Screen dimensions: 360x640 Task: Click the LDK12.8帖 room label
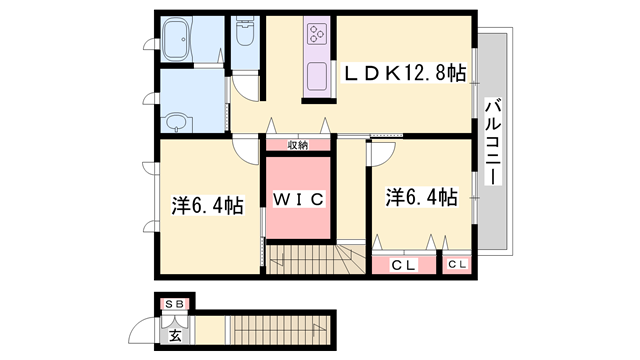click(x=405, y=73)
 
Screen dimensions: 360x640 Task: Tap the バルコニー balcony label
click(x=492, y=140)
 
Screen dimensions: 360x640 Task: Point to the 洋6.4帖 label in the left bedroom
click(x=207, y=206)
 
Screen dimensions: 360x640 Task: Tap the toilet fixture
click(x=243, y=39)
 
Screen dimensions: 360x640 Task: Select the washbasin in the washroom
click(x=178, y=121)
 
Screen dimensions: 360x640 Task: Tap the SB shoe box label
click(x=175, y=302)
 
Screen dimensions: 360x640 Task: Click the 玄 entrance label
click(x=175, y=335)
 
